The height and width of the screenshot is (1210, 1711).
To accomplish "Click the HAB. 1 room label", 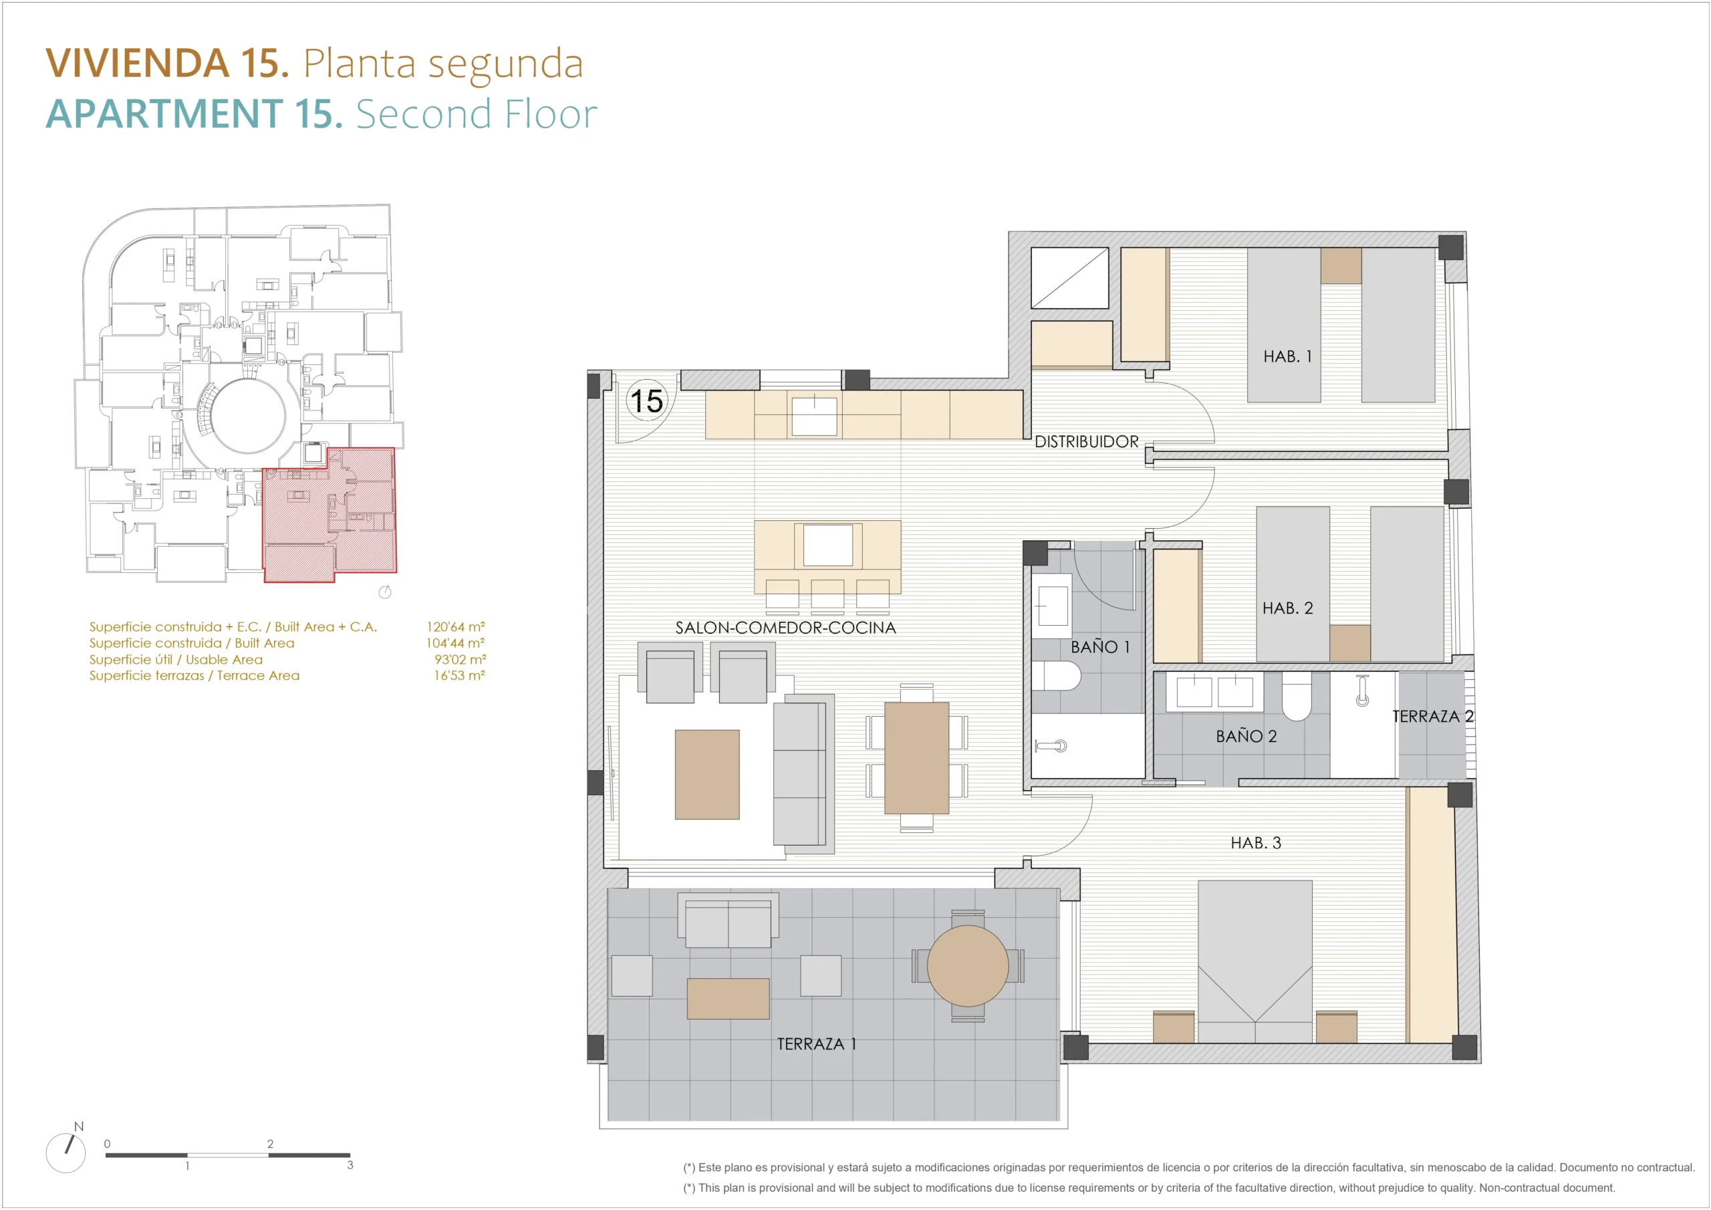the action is tap(1287, 356).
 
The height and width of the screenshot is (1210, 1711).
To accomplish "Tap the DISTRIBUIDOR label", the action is tap(1086, 441).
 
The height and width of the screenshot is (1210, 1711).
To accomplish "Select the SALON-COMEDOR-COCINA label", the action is tap(785, 628).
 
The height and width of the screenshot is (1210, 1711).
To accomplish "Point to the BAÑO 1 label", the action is tap(1100, 646).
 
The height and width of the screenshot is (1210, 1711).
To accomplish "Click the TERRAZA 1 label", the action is tap(816, 1044).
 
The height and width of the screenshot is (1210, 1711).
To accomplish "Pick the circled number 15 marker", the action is tap(646, 400).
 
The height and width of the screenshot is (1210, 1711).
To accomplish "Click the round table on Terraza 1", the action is tap(967, 966).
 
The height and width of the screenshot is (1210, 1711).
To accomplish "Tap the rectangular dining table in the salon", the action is tap(916, 757).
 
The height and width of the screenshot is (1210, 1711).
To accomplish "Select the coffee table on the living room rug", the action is tap(707, 775).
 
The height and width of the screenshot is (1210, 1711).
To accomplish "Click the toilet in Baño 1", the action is tap(1057, 677).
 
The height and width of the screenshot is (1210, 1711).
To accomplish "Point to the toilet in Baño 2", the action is tap(1296, 697).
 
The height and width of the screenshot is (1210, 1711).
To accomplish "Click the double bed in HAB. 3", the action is tap(1255, 961).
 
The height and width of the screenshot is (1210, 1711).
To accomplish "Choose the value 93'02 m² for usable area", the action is tap(460, 659).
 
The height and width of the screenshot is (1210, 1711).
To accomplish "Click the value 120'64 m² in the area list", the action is tap(455, 626).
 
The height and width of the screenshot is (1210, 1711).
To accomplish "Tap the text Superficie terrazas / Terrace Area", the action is tap(194, 675).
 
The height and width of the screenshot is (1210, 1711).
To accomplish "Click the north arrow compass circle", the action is tap(65, 1153).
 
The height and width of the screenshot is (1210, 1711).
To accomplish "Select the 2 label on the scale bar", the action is tap(270, 1144).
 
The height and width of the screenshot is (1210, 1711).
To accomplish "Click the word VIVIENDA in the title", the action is tap(138, 63).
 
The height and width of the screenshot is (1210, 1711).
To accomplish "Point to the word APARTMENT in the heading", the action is tap(164, 114).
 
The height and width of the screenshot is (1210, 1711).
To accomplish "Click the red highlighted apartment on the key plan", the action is tap(330, 515).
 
